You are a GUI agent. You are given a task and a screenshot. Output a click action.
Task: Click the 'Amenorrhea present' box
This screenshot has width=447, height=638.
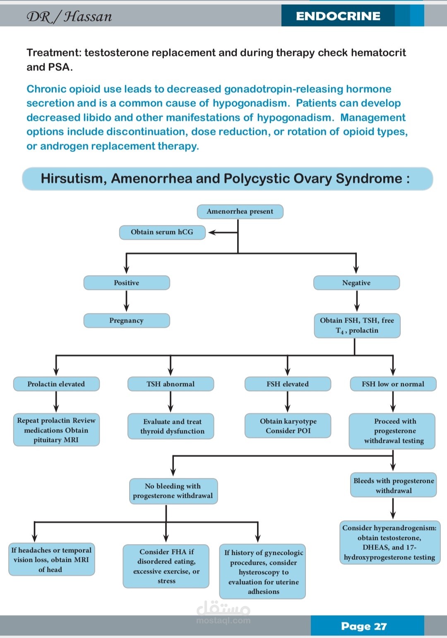pos(240,212)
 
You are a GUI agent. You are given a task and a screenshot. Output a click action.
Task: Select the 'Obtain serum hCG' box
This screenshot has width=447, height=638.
pos(162,232)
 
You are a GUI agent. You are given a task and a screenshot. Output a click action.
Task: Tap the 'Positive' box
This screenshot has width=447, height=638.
pos(127,283)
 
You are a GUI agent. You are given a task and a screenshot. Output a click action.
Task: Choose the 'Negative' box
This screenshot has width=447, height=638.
pos(356,283)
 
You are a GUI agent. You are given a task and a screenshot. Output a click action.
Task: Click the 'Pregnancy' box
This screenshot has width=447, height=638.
pos(127,321)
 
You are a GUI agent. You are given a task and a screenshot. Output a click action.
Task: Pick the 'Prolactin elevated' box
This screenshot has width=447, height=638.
pos(56,384)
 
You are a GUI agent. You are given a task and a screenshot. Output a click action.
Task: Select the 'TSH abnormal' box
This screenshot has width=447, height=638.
pos(171,384)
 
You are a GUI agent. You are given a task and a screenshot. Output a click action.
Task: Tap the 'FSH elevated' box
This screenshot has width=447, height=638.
pos(288,384)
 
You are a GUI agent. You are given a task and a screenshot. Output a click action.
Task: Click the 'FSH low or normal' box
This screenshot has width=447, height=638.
pos(393,384)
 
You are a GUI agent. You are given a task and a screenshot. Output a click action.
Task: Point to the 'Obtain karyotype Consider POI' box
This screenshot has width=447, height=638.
pos(288,425)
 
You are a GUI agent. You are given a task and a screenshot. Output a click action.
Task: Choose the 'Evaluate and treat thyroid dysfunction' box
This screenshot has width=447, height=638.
pos(171,426)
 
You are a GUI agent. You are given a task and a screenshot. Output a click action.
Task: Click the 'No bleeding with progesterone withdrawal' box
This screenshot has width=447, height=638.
pos(173,491)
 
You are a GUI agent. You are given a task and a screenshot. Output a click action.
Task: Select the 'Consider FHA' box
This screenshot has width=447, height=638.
pos(166,566)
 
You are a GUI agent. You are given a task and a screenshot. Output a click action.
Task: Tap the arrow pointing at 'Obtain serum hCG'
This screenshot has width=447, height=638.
pos(223,232)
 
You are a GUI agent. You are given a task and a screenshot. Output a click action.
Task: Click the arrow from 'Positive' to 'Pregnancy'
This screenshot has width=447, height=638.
pos(127,301)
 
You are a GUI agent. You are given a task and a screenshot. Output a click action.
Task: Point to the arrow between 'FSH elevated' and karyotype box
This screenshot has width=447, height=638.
pos(288,402)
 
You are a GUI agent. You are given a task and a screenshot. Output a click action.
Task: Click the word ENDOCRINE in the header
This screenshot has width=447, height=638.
pos(338,16)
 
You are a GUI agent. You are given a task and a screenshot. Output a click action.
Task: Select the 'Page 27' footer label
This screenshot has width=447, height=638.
pos(364,626)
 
